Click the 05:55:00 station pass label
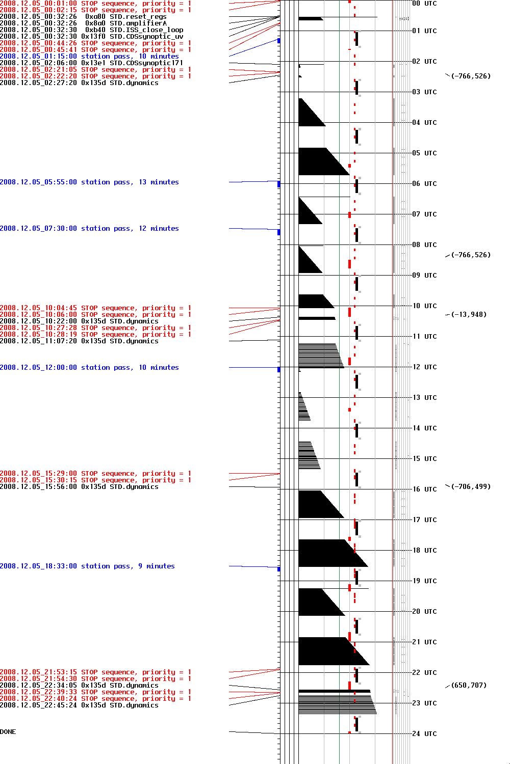[89, 182]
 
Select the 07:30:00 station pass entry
[89, 228]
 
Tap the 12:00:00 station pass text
[89, 367]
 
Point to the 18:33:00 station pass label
[87, 566]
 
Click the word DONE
[8, 732]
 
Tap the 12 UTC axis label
[424, 367]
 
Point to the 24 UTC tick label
[424, 733]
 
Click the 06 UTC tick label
[424, 183]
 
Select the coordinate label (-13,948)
[469, 314]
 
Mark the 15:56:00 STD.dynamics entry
[79, 486]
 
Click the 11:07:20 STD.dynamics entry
[79, 341]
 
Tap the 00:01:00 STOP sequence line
[95, 3]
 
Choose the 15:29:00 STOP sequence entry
[95, 473]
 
